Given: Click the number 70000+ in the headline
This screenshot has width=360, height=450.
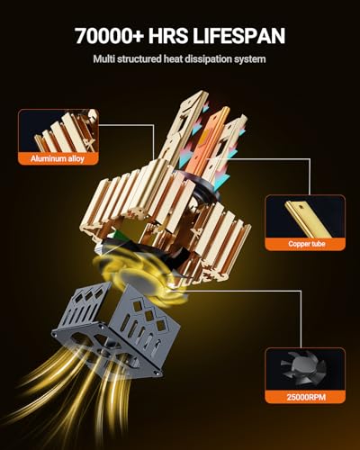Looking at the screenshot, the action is click(x=109, y=36).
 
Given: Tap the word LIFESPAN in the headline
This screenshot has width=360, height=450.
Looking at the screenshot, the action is click(x=238, y=36).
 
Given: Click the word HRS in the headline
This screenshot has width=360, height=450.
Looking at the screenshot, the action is click(x=168, y=36).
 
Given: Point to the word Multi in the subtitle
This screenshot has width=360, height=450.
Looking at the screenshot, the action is click(x=103, y=58).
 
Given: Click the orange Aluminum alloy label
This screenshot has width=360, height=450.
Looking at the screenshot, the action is click(x=58, y=158).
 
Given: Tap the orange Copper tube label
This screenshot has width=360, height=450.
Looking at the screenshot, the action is click(x=305, y=244).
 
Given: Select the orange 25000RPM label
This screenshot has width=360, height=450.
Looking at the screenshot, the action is click(x=305, y=397).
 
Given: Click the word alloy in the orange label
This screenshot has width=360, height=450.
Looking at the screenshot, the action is click(x=76, y=158).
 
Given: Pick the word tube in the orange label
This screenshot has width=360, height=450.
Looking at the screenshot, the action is click(x=318, y=244).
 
